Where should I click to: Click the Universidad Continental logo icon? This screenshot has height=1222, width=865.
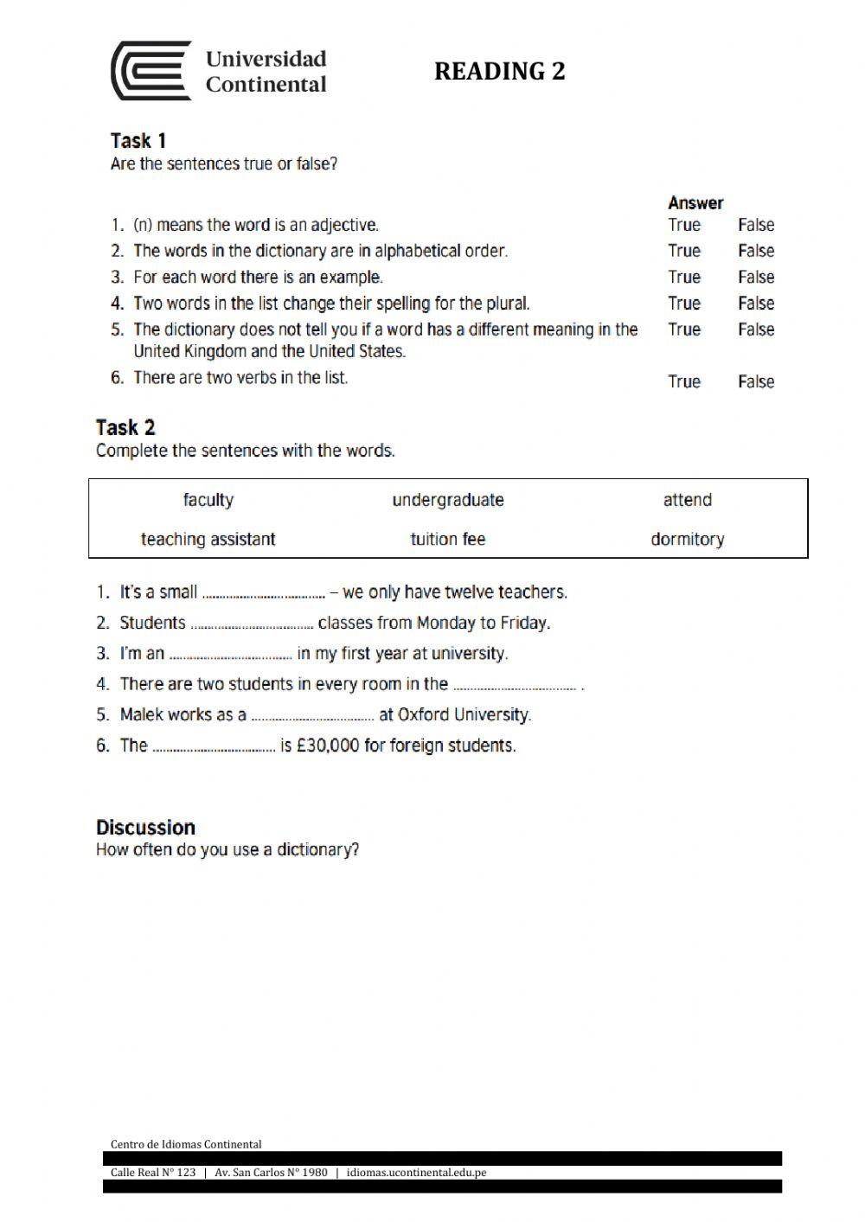click(151, 71)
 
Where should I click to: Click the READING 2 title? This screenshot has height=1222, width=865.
click(499, 71)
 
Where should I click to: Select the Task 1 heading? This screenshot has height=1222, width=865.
click(138, 140)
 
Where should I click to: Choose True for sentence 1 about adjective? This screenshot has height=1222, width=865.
click(683, 225)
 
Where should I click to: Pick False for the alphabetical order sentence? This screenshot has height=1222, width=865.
click(755, 251)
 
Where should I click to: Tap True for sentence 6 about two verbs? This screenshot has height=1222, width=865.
click(683, 381)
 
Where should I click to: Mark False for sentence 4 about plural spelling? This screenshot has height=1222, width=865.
click(755, 304)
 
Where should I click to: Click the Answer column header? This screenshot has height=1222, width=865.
click(695, 202)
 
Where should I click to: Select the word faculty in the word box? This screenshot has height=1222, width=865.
click(208, 500)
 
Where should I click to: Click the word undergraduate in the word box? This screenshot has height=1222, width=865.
click(447, 500)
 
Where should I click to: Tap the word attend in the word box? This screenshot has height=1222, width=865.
click(687, 500)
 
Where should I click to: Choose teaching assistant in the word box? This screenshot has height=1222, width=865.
click(208, 540)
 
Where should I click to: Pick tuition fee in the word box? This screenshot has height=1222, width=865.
click(447, 540)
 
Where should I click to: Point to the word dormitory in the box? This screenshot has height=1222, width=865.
click(687, 540)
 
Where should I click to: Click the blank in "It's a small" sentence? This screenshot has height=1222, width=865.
click(263, 594)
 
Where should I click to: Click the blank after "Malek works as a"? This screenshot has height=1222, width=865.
click(312, 717)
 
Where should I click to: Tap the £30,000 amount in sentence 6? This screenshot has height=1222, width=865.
click(327, 745)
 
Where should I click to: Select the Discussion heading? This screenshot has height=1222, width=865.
click(145, 827)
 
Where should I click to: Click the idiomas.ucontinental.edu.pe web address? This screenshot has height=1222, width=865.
click(416, 1173)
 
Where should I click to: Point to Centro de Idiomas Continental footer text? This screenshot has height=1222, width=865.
click(186, 1144)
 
